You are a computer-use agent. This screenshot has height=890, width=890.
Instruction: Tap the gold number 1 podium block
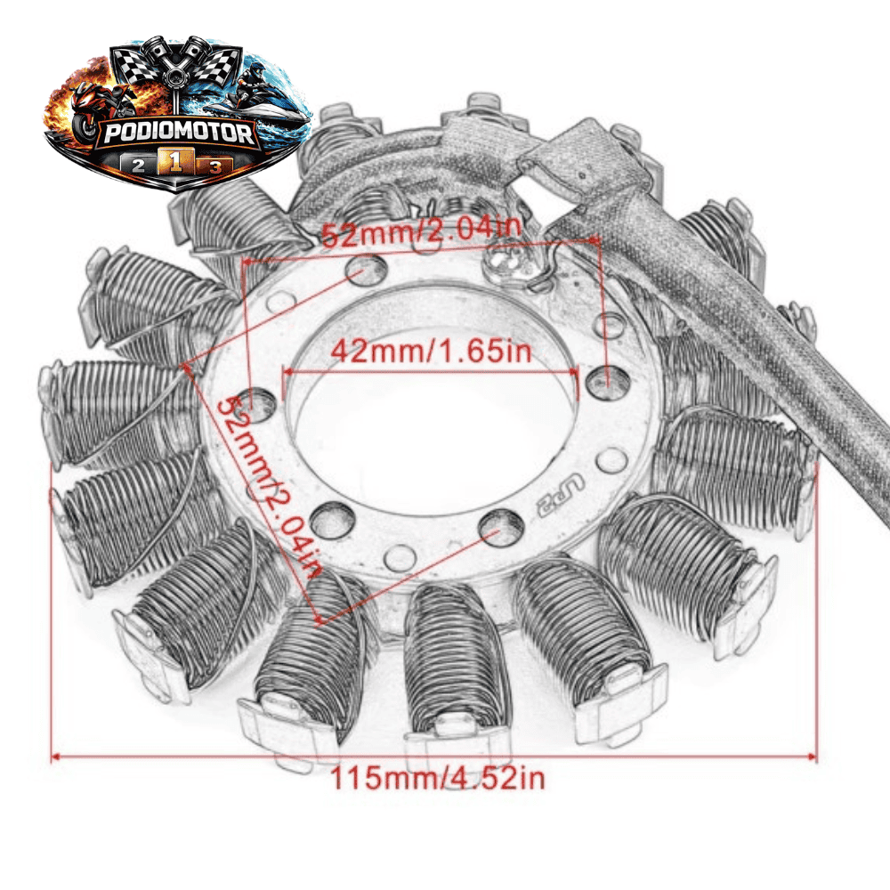175,162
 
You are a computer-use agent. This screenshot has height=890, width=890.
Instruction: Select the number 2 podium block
139,165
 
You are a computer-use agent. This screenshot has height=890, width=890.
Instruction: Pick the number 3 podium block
214,166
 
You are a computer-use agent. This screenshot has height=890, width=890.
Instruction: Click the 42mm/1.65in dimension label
431,351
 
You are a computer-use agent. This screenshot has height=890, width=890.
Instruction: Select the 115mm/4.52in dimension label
437,778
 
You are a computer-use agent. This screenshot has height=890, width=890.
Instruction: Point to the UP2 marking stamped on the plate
559,493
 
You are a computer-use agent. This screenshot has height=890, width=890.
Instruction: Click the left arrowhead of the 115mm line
55,756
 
